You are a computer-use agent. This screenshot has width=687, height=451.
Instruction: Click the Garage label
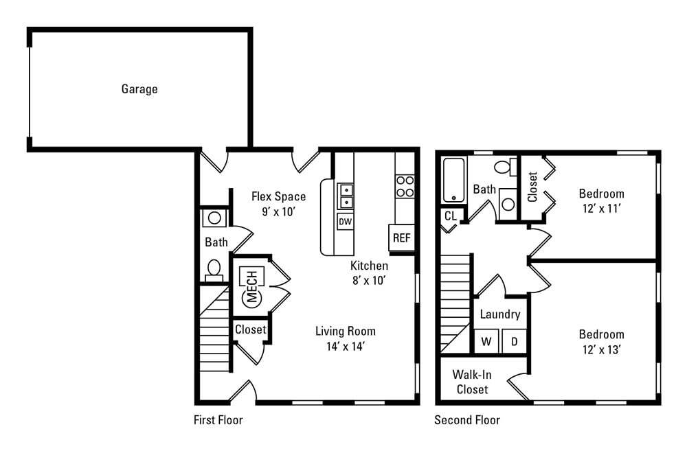point(139,89)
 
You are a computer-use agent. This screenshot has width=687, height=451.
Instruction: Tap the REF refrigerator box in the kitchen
point(401,238)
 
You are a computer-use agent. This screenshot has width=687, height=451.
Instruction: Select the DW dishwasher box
point(345,222)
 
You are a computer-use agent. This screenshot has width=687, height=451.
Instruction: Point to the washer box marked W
point(486,341)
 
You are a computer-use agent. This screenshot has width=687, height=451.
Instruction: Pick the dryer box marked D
point(514,341)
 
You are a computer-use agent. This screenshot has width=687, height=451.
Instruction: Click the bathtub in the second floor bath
point(454,181)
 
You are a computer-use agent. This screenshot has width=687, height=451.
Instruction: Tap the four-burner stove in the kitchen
point(405,187)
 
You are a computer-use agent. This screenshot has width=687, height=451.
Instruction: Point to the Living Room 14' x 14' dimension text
point(346,347)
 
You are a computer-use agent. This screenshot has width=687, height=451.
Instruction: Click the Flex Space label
point(278,196)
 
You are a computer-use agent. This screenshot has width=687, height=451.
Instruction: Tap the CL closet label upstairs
point(451,216)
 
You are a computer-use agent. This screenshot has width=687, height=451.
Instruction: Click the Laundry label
point(499,314)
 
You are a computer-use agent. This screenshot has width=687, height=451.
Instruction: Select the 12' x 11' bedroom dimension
point(601,209)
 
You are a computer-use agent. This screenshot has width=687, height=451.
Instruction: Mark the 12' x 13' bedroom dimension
point(601,350)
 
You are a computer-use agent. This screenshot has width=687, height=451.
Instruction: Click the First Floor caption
point(218,419)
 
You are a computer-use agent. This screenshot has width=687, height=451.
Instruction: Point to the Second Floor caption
point(467,419)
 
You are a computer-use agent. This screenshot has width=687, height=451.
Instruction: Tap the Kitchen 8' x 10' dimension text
point(370,280)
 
